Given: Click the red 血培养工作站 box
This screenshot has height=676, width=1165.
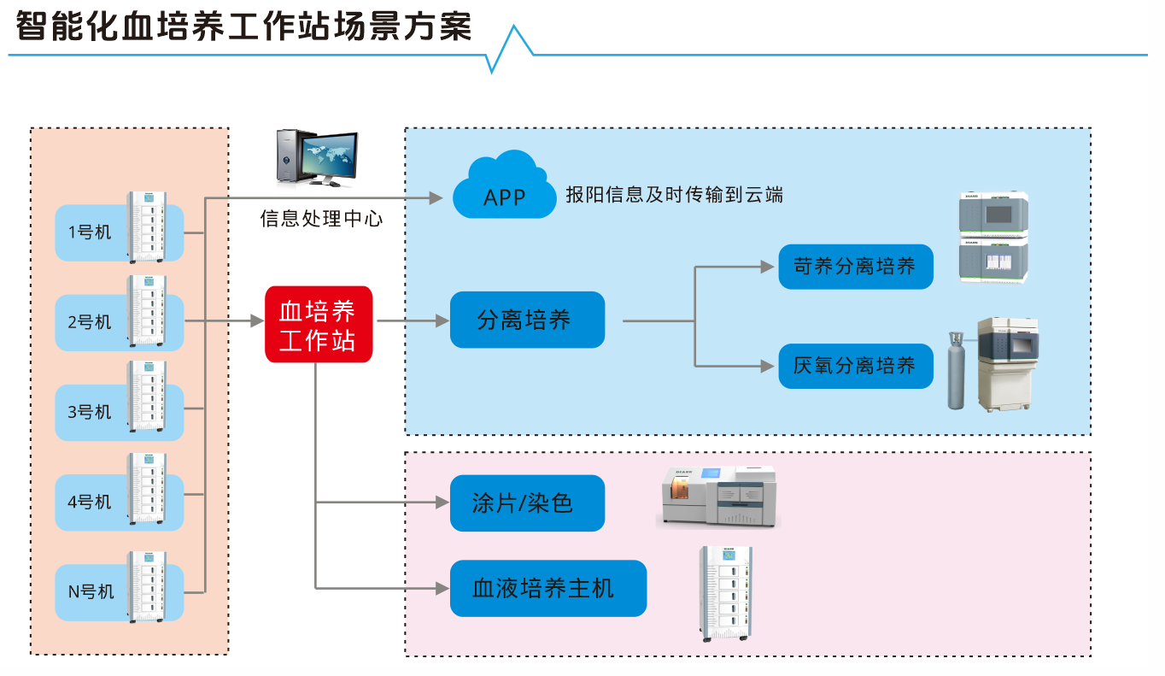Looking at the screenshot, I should (x=319, y=324).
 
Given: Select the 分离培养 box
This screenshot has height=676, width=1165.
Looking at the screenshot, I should (x=527, y=320).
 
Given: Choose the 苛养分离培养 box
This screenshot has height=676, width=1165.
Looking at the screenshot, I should (x=855, y=266).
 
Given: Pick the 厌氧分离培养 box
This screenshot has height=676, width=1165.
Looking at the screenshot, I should (x=855, y=366).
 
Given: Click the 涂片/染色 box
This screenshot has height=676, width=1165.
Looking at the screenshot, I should (x=527, y=503).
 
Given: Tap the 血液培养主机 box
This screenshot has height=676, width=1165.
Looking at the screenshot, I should (x=547, y=588).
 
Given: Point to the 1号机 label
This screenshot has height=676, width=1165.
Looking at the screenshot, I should (x=90, y=232).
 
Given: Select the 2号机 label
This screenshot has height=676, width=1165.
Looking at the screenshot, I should (x=90, y=322).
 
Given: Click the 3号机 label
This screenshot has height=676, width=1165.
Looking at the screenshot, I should (x=90, y=412).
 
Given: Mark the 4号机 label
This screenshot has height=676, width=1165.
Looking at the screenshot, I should (x=90, y=502).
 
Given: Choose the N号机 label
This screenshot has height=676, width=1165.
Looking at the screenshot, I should (x=91, y=591).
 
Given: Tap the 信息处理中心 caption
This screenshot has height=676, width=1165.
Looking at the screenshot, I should (x=321, y=219).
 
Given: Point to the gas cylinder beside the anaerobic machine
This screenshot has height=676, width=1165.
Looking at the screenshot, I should (x=955, y=372).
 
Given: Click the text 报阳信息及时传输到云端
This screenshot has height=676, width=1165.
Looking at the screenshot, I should (x=674, y=195).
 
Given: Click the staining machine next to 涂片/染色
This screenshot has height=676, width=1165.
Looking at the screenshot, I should (x=718, y=496).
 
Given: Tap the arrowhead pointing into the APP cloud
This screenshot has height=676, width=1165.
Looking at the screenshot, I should (x=436, y=198).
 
